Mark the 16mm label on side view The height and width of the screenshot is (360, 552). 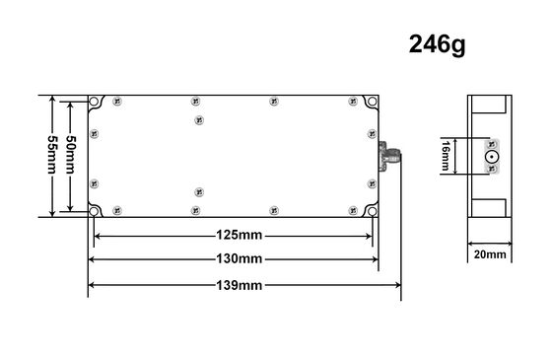[x=446, y=156]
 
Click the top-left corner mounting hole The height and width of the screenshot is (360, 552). [x=95, y=102]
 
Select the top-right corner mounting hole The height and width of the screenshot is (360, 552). [x=372, y=102]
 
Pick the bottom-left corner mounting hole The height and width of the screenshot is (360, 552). [x=95, y=211]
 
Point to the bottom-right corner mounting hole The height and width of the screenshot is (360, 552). [x=372, y=211]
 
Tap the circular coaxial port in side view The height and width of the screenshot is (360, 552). [x=490, y=156]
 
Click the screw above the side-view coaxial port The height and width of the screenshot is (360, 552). [x=490, y=143]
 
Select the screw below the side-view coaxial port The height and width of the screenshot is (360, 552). [x=490, y=169]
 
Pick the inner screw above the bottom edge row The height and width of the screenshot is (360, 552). [x=198, y=190]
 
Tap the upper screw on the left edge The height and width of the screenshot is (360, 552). [x=94, y=133]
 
